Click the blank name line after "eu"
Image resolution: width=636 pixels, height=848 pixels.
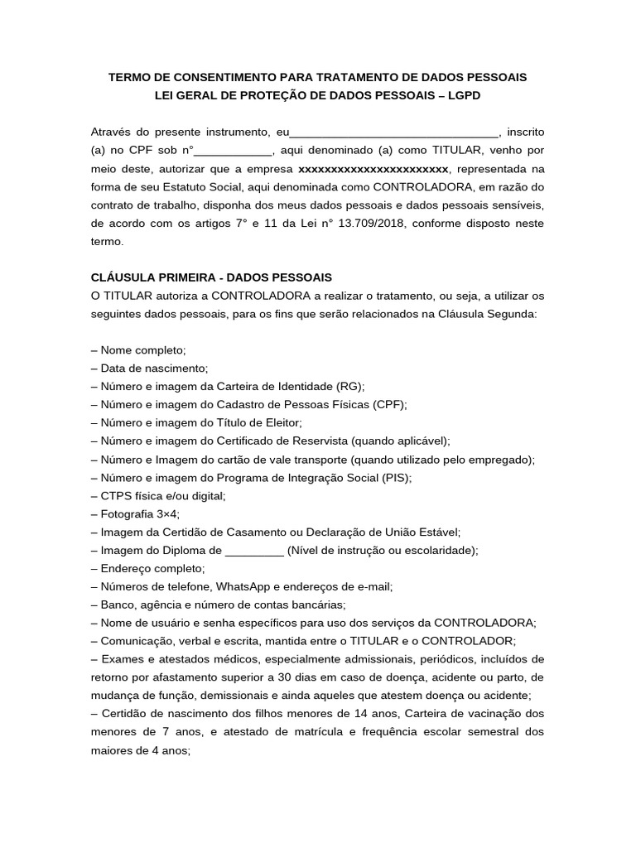[394, 132]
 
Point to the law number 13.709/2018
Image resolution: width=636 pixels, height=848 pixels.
[368, 224]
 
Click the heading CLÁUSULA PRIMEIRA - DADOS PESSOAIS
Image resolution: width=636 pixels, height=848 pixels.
[211, 277]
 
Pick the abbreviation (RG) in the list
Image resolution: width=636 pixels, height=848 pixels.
[349, 387]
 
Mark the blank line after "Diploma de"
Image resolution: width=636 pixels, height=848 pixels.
[254, 551]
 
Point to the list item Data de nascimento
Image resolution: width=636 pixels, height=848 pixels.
[150, 369]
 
